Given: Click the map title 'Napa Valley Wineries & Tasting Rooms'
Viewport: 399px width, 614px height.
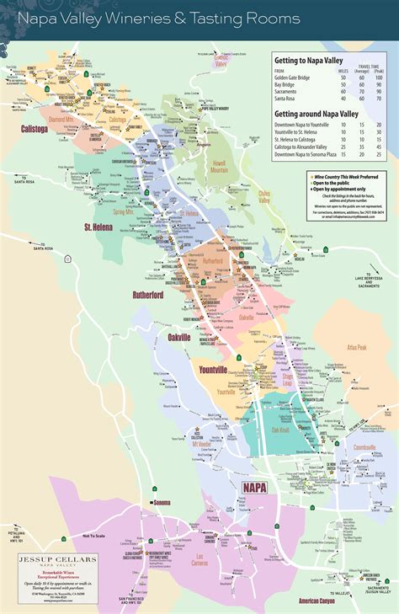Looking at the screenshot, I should [158, 18].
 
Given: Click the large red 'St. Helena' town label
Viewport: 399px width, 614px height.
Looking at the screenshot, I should [99, 227].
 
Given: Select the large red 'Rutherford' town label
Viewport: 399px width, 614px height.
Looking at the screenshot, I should [152, 295].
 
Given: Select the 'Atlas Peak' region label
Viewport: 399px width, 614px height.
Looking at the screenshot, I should [356, 347].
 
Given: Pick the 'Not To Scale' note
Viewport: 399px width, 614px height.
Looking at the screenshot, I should [98, 537].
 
